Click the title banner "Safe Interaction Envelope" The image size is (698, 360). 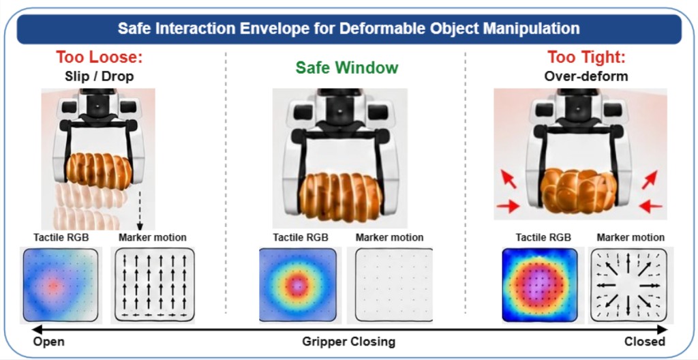(x=349, y=29)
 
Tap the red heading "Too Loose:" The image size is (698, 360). (x=99, y=57)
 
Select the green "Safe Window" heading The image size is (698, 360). (x=347, y=67)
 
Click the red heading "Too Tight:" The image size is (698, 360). (x=587, y=57)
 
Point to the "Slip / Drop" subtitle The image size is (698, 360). (x=99, y=76)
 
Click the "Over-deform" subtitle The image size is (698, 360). (x=586, y=76)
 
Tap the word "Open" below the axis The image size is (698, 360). (x=49, y=342)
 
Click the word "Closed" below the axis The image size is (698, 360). (x=645, y=342)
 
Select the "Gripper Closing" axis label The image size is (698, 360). (x=348, y=342)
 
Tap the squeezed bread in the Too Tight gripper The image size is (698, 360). (x=579, y=190)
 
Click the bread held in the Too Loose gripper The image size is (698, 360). (x=100, y=170)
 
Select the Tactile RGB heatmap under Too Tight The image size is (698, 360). (x=540, y=285)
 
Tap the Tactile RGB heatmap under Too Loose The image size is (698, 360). (x=60, y=285)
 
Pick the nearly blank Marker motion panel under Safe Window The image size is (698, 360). (x=395, y=285)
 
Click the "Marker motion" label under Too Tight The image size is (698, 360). (x=631, y=238)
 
